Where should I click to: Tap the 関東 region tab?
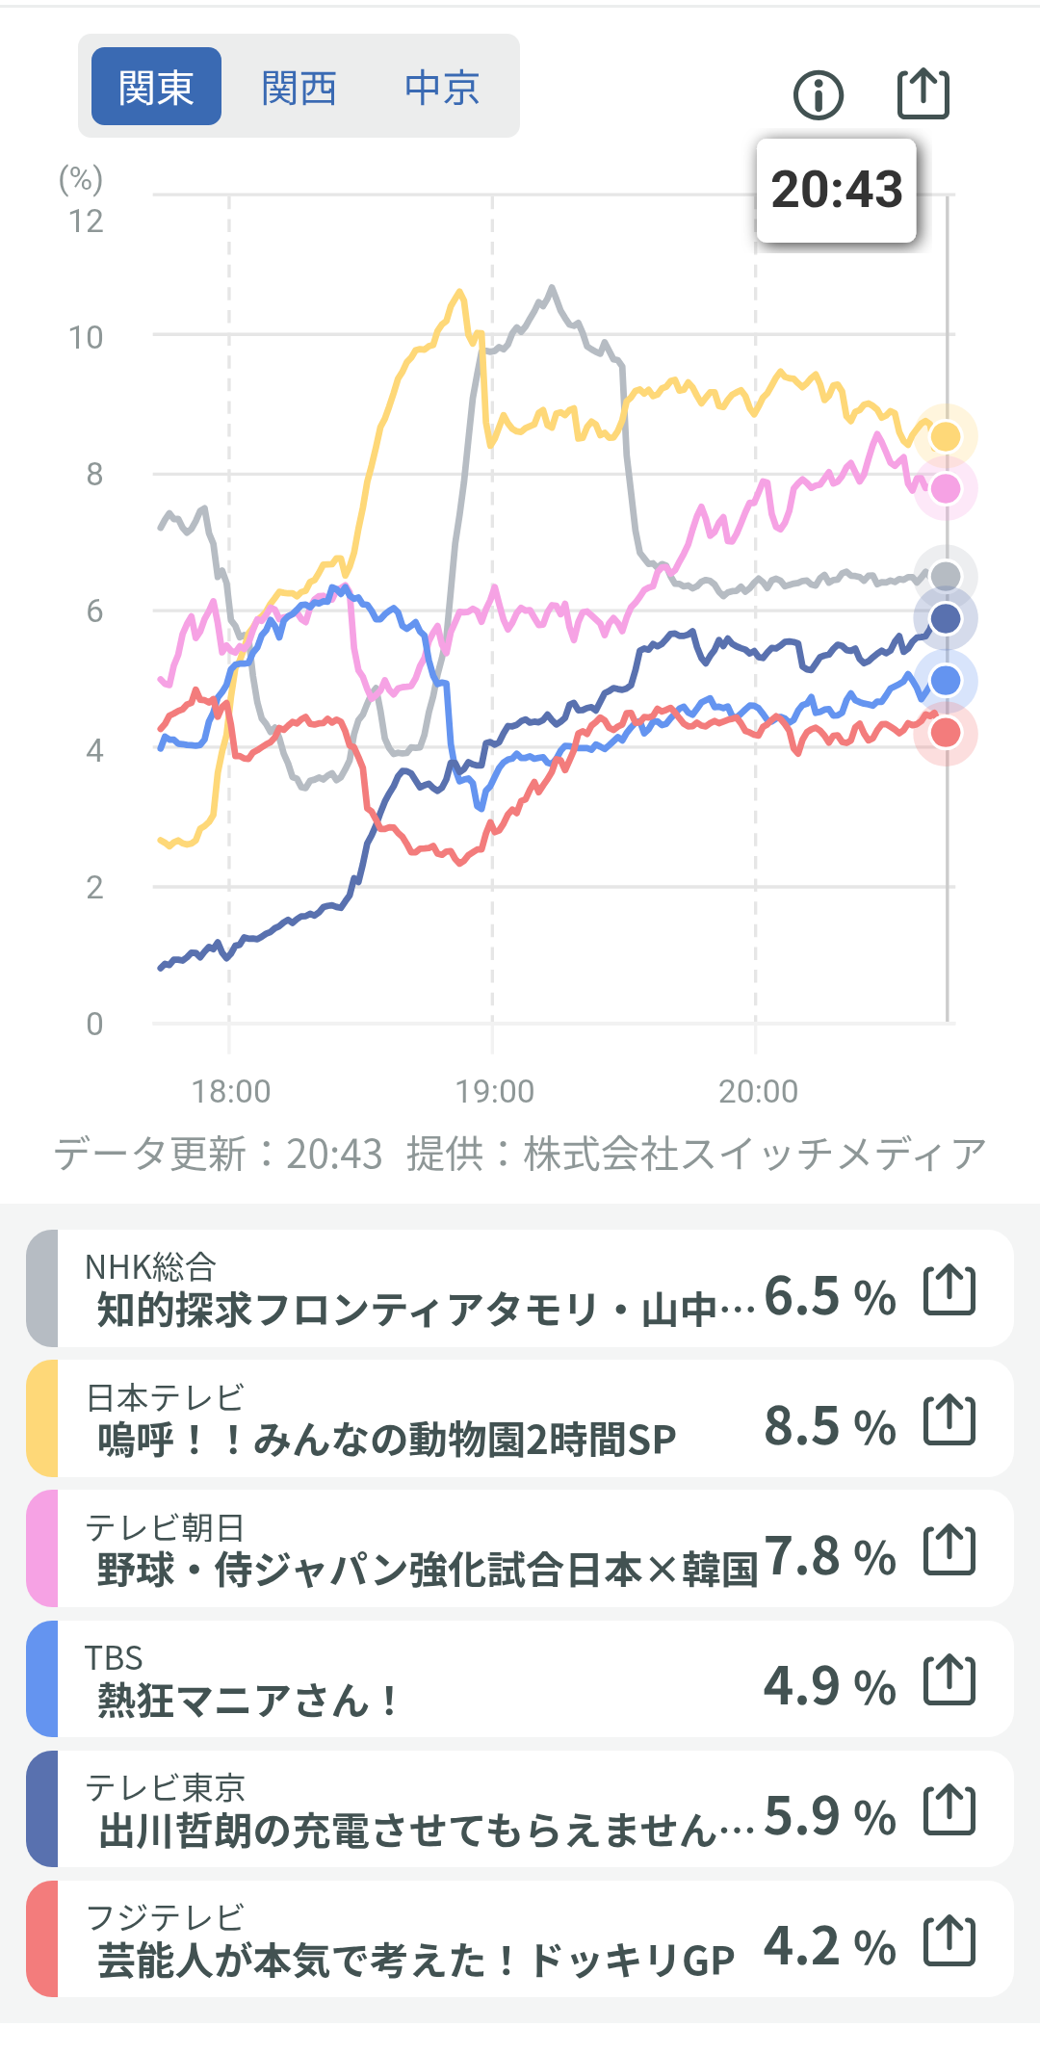coord(156,87)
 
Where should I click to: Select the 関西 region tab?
coord(299,88)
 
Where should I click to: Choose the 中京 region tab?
coord(442,88)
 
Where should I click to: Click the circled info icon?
coord(819,94)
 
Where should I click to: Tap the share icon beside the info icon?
coord(923,93)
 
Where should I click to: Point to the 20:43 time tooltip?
coord(836,190)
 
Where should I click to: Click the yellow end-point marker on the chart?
coord(946,436)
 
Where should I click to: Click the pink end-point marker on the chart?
coord(946,489)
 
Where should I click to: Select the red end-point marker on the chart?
coord(946,733)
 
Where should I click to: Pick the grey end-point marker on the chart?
coord(946,576)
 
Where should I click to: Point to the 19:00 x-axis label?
coord(494,1091)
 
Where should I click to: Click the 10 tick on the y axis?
coord(86,337)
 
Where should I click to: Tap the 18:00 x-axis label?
coord(231,1091)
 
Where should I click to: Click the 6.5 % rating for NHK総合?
coord(830,1296)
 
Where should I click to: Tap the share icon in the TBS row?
coord(949,1679)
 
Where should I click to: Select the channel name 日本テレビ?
coord(165,1397)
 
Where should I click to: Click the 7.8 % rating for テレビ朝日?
coord(830,1556)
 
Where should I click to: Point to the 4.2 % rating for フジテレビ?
coord(830,1946)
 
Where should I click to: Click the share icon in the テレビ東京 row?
coord(949,1809)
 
